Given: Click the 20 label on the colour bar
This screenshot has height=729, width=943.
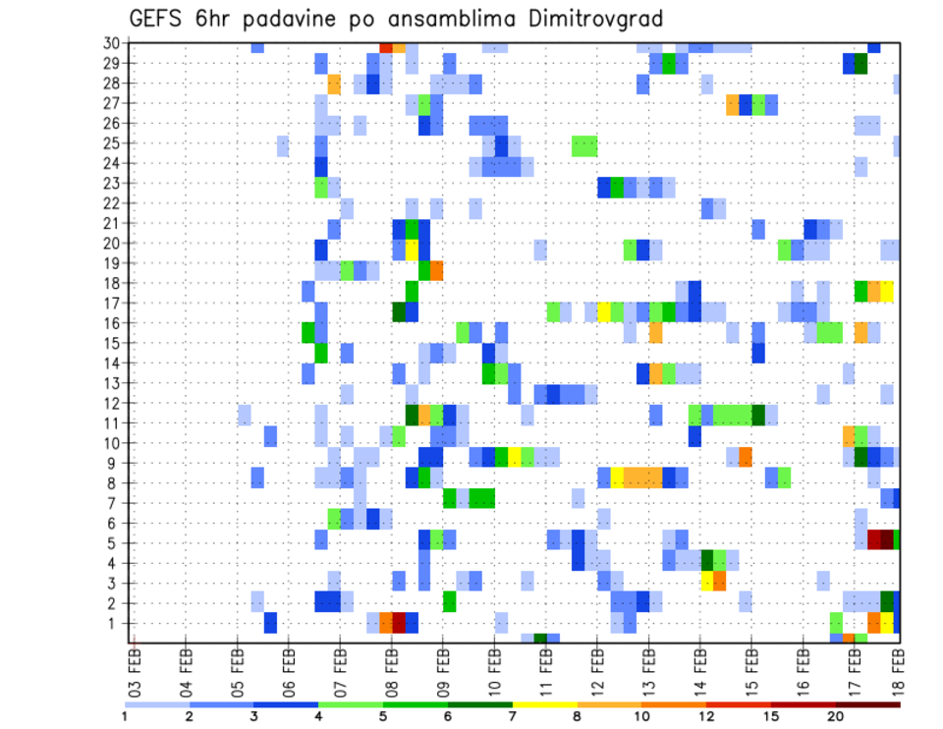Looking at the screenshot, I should [835, 716].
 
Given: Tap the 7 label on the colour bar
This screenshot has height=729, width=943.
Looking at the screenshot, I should [512, 716].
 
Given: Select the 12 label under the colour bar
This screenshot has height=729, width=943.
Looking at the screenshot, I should [705, 716].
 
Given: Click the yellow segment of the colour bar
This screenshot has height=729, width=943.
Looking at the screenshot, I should [544, 703].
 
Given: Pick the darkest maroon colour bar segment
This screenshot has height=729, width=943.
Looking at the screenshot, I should [867, 703].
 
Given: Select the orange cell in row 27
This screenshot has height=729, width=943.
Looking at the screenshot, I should [733, 103].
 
